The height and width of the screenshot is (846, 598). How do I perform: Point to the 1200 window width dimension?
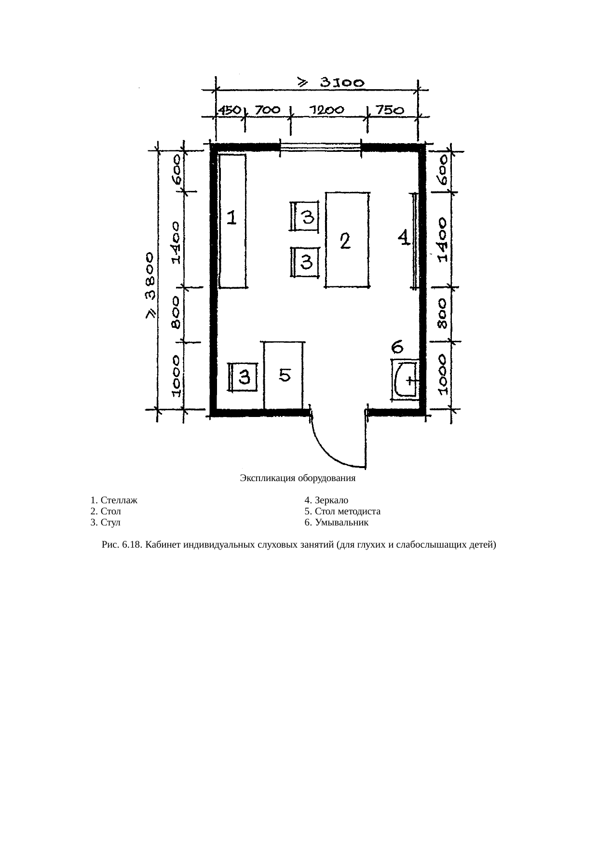pos(326,110)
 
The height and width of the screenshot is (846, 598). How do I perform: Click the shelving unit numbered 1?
pos(233,221)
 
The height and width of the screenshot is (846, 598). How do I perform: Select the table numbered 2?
pos(348,240)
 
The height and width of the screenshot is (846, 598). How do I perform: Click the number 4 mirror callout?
pos(404,238)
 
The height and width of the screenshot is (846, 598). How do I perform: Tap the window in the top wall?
pos(321,146)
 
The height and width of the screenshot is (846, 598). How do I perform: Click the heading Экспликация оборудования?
pos(298,479)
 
